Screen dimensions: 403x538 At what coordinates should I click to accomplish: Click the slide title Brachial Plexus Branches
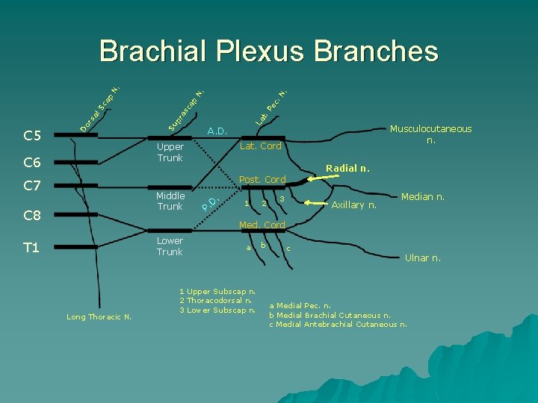click(x=268, y=51)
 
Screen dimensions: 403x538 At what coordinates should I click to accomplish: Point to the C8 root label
click(x=32, y=216)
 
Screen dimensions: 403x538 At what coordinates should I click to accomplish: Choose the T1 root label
click(x=31, y=248)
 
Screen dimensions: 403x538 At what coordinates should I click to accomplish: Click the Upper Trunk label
click(x=170, y=152)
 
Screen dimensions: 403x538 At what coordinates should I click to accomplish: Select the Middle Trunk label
click(x=170, y=201)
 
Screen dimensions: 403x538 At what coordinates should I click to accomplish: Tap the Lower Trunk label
click(x=170, y=246)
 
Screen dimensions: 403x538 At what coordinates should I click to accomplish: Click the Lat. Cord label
click(x=261, y=146)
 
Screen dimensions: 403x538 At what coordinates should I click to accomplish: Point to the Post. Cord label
click(x=262, y=180)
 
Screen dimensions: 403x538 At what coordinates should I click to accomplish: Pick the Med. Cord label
click(x=262, y=225)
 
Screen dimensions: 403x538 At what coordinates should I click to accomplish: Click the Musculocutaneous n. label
click(x=431, y=134)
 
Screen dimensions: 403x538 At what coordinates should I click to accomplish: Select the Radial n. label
click(x=347, y=168)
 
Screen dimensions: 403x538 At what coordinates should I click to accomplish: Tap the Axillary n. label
click(x=354, y=204)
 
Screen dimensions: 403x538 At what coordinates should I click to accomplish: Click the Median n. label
click(x=423, y=198)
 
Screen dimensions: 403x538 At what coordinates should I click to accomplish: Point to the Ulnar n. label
click(x=423, y=258)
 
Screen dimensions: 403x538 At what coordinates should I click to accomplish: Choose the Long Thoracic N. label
click(x=99, y=317)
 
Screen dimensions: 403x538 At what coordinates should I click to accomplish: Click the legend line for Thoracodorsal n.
click(x=217, y=301)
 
